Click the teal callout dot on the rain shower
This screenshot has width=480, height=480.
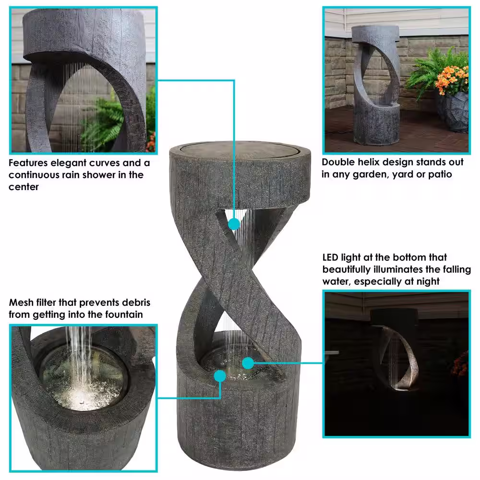(234, 224)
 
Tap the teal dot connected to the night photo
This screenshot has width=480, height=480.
(248, 363)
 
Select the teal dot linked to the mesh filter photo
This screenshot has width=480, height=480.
(220, 376)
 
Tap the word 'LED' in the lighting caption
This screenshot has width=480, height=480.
(330, 257)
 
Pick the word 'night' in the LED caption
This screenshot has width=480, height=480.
(428, 281)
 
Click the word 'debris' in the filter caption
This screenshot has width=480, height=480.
(136, 302)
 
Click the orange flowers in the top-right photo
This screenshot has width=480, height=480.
(453, 79)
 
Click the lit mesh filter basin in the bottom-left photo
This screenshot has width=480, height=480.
(83, 378)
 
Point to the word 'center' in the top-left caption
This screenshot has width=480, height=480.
(24, 187)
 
